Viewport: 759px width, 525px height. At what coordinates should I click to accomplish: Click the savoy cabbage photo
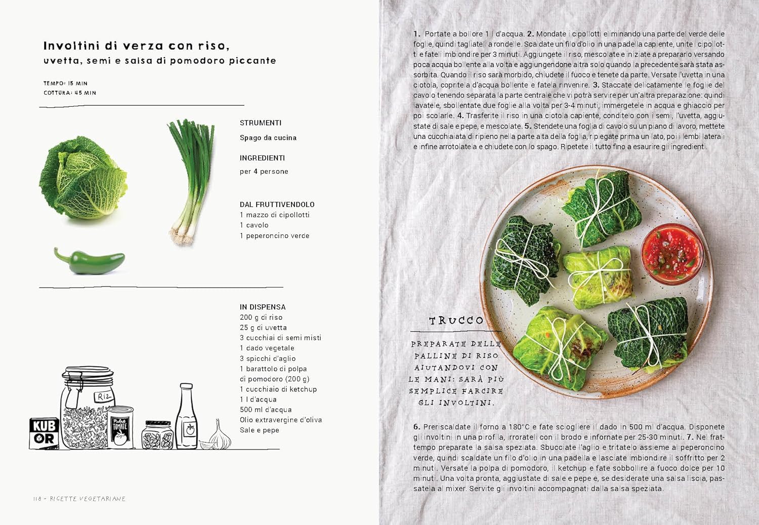83,178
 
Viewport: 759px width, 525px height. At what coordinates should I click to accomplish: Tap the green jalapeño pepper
90,261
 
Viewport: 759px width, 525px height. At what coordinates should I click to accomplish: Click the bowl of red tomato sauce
672,254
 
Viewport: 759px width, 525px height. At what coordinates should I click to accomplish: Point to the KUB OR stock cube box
44,433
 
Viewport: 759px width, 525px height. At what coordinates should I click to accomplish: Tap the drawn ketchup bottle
186,416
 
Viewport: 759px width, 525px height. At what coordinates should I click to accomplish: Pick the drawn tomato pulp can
120,427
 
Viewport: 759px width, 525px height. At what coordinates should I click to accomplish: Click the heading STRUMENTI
261,123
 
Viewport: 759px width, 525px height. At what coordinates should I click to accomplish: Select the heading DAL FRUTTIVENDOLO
277,205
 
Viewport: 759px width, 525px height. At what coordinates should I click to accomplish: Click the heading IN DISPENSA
263,307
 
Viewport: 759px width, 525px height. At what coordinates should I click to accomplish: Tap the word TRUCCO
456,320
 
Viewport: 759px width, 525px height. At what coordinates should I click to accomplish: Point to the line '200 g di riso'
261,317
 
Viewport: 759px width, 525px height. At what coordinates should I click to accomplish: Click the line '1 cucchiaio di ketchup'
278,389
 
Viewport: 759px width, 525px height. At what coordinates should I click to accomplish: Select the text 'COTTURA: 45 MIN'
70,93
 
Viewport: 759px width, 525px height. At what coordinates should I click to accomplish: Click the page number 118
37,499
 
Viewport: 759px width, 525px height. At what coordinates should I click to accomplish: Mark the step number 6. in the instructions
417,427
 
